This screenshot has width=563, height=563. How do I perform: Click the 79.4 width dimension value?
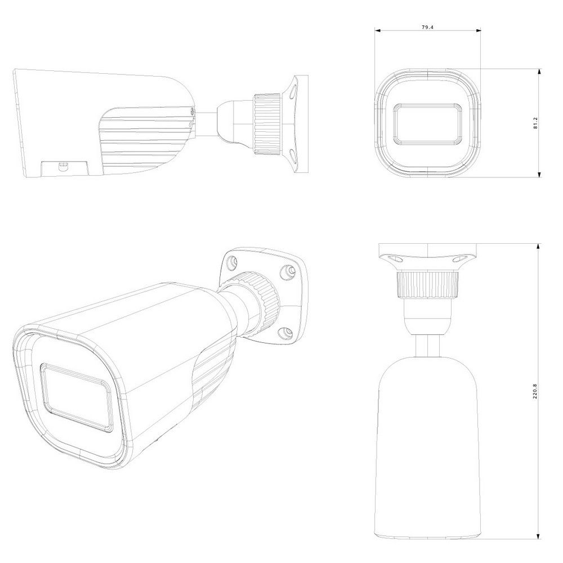coord(427,27)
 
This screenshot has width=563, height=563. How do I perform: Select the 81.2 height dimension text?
coord(535,123)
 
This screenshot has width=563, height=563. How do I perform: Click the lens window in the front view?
coord(428,124)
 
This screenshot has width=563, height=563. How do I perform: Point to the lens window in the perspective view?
coord(76,397)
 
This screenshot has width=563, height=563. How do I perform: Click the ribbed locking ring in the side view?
coord(267,124)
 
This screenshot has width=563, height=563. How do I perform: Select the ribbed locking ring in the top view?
coord(428,284)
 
